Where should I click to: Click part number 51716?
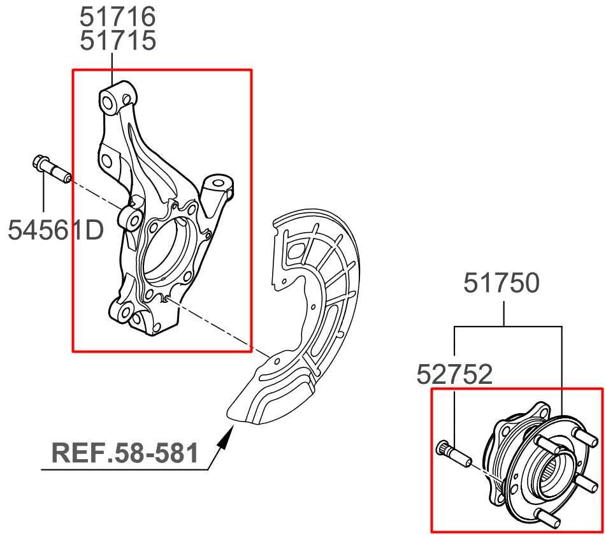pos(118,16)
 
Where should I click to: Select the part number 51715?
pos(118,40)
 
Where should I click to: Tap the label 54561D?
pos(56,230)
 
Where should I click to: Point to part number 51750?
pos(501,282)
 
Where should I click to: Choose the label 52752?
pos(454,374)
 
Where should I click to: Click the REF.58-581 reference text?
pos(125,453)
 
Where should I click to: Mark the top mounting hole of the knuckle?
pos(108,103)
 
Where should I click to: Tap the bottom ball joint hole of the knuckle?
pos(124,314)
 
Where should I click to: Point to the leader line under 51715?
pos(112,68)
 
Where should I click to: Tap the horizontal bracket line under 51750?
pos(508,327)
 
